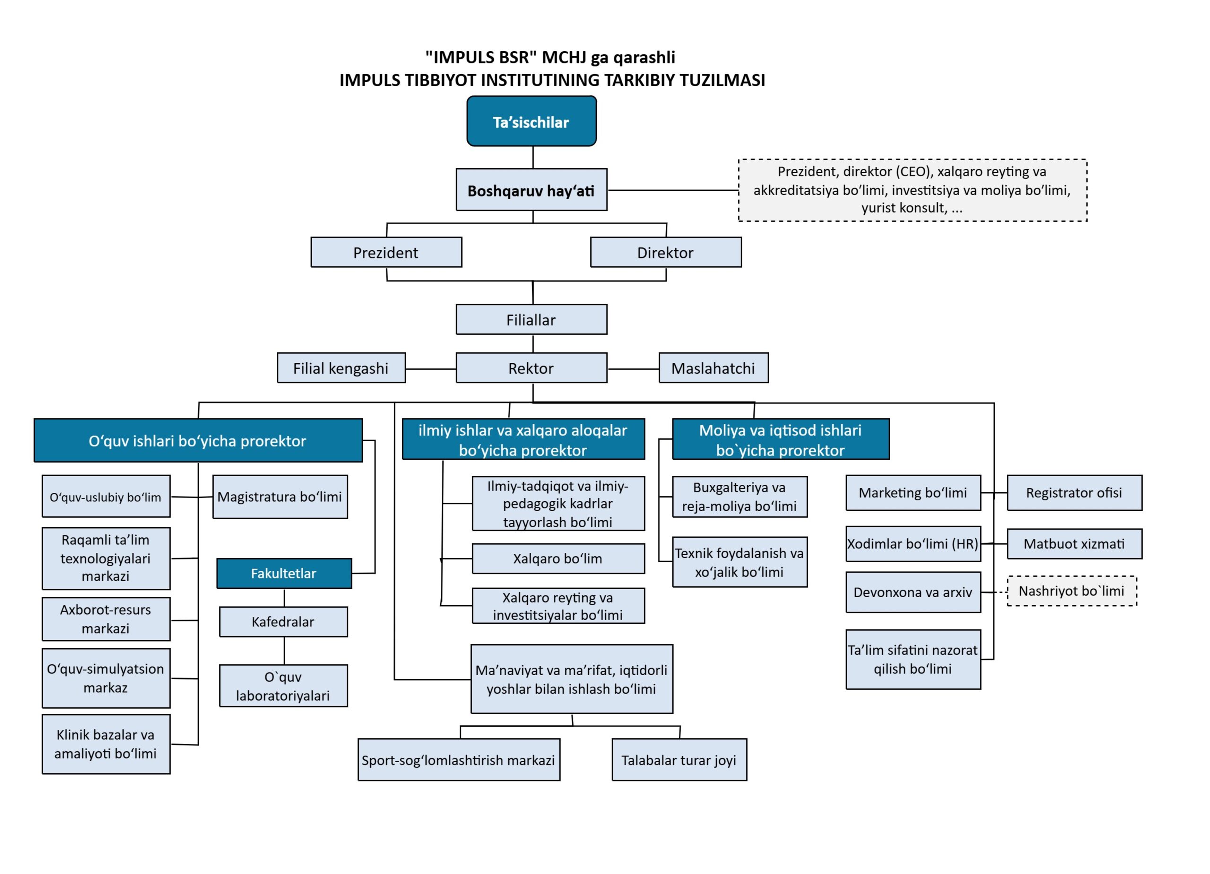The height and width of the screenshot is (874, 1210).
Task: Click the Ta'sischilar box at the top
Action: tap(531, 121)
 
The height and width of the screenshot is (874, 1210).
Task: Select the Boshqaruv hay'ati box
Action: tap(531, 190)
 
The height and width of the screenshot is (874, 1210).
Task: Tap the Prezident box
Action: tap(386, 252)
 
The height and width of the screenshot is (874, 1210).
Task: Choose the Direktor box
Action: tap(665, 252)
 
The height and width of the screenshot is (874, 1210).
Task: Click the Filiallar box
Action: tap(531, 320)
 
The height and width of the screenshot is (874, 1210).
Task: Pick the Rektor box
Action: tap(531, 368)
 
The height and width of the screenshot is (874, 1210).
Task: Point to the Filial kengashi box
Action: tap(341, 368)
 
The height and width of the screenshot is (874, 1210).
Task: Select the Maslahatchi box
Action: tap(713, 368)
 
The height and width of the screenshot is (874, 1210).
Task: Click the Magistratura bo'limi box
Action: tap(280, 497)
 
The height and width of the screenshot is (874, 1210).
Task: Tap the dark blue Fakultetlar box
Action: tap(284, 573)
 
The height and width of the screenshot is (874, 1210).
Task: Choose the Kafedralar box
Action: tap(283, 622)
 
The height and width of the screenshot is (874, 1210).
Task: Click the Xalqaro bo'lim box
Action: tap(558, 559)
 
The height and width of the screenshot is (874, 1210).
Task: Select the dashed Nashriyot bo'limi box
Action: tap(1072, 591)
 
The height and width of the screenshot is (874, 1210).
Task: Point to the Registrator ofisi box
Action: tap(1074, 493)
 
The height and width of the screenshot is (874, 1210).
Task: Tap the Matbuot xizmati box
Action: tap(1074, 544)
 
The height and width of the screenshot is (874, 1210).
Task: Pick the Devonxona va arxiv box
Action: tap(913, 592)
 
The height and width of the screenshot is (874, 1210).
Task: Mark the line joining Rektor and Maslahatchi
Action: tap(633, 369)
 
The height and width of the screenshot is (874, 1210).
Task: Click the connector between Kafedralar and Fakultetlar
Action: tap(285, 597)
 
